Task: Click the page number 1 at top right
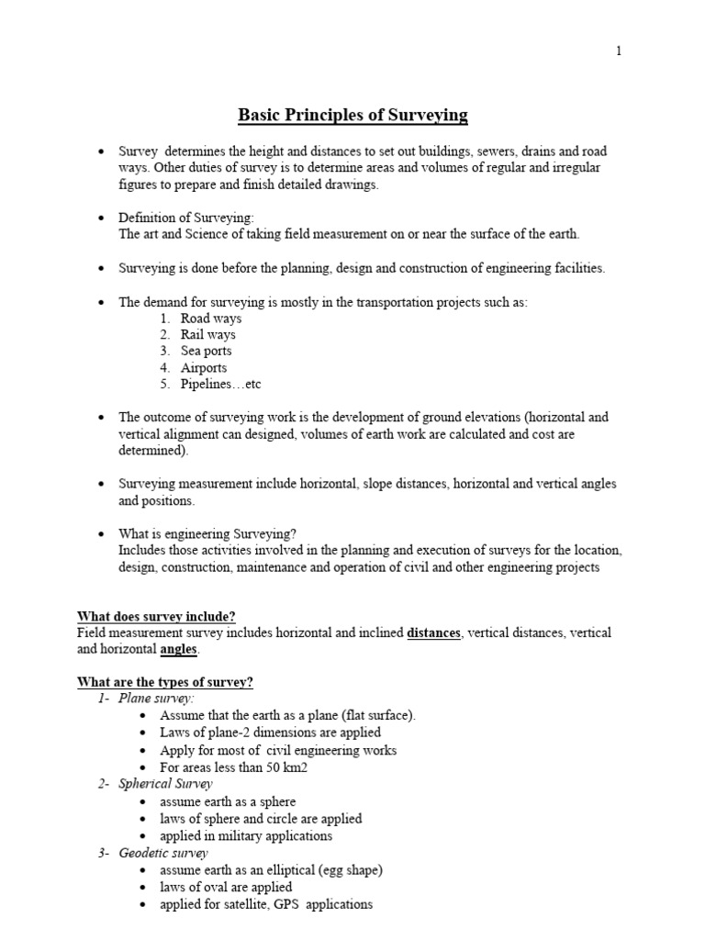[x=619, y=51]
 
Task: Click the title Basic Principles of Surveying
[x=352, y=116]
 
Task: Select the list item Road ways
[x=210, y=319]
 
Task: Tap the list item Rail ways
[x=207, y=335]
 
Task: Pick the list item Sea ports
[x=206, y=352]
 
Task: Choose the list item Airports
[x=203, y=368]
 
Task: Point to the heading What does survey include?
[x=162, y=616]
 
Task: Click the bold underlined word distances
[x=434, y=633]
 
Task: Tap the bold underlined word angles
[x=178, y=650]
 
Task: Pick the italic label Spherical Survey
[x=165, y=784]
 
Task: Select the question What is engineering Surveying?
[x=207, y=533]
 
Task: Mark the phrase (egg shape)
[x=350, y=869]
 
